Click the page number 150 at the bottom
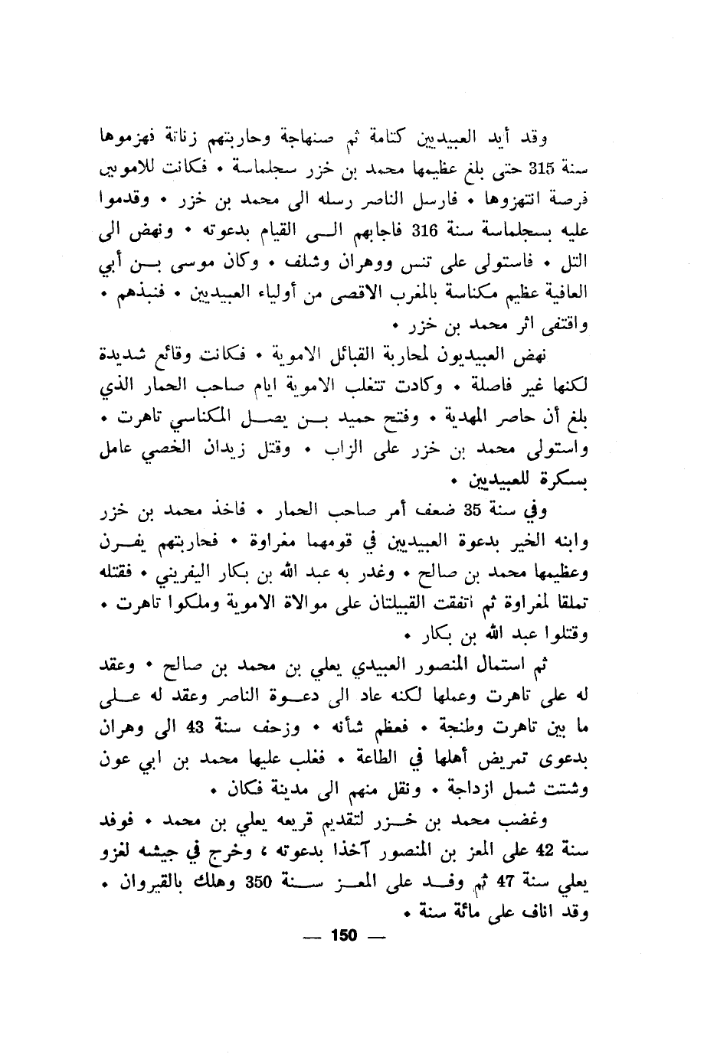(344, 936)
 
